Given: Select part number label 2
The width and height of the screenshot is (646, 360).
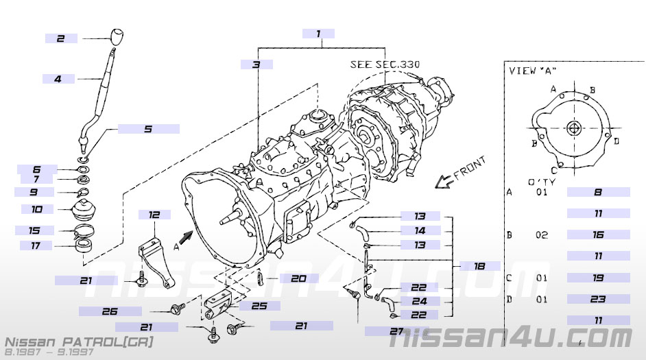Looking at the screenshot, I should click(61, 39).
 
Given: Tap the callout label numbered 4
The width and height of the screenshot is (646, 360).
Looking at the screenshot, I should click(58, 79).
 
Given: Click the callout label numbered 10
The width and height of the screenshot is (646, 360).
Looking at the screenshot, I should click(37, 208).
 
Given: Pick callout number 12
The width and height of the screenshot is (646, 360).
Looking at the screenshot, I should click(154, 215).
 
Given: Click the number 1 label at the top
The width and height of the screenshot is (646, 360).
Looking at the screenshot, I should click(318, 33).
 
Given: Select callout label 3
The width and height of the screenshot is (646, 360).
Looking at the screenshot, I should click(256, 64).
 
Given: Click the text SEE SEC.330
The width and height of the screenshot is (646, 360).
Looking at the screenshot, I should click(385, 64).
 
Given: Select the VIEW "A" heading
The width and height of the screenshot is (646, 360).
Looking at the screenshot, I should click(533, 70).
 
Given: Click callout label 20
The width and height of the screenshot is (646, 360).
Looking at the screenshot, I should click(298, 278).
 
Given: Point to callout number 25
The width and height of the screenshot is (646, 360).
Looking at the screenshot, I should click(259, 306).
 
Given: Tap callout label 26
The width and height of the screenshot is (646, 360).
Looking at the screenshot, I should click(110, 311).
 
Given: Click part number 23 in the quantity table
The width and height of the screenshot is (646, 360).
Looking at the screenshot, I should click(598, 299).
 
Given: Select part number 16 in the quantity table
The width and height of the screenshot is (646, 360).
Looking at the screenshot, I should click(598, 235).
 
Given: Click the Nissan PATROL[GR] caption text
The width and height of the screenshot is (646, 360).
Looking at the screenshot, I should click(79, 341).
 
